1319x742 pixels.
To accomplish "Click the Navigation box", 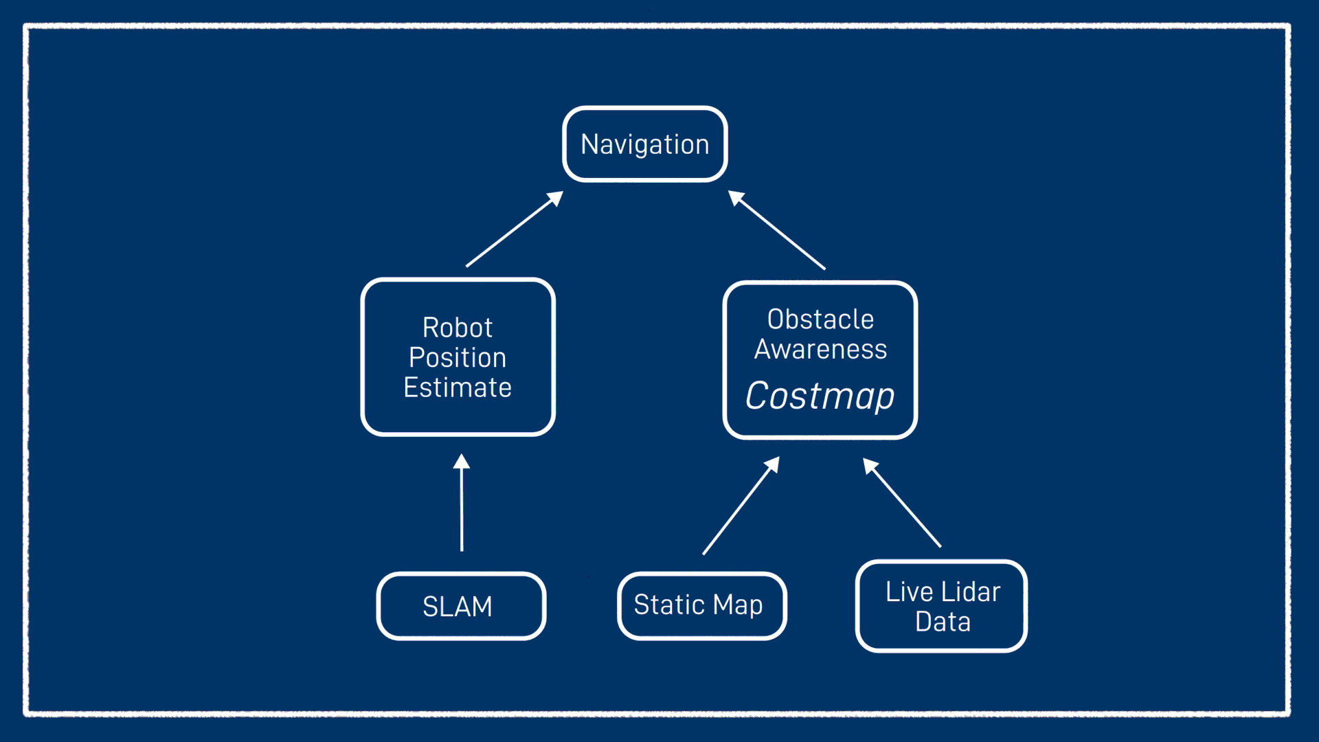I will [x=644, y=144].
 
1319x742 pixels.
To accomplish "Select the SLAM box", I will [x=460, y=606].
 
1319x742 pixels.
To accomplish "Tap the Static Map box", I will [x=701, y=605].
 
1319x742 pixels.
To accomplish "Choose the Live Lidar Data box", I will [x=941, y=606].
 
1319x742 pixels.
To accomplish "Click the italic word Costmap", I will [x=820, y=396].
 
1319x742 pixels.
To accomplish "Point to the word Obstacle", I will [x=820, y=319].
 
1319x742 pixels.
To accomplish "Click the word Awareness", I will [x=820, y=350].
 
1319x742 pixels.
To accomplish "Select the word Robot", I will [x=458, y=328].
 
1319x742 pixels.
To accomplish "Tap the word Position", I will [x=458, y=358].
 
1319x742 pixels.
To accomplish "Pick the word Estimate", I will [x=458, y=388].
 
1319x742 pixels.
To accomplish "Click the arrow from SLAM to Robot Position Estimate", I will [x=462, y=508].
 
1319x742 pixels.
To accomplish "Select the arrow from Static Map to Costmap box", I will [x=739, y=507].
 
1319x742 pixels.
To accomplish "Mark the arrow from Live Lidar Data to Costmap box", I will [x=903, y=504].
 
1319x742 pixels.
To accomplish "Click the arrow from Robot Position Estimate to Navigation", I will [x=513, y=230].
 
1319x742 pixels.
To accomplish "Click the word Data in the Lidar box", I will [x=943, y=622].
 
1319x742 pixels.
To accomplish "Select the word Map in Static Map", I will [x=738, y=605].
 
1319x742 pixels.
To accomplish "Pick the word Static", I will [x=669, y=605].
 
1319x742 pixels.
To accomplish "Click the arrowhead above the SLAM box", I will [x=462, y=462].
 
